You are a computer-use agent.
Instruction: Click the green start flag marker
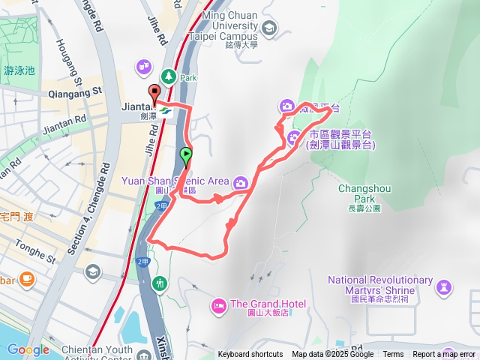tap(186, 157)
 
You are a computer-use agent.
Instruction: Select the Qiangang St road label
tap(73, 93)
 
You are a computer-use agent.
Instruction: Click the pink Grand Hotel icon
tap(219, 304)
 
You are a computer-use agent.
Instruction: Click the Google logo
tap(28, 349)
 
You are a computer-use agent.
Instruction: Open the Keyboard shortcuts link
tap(250, 355)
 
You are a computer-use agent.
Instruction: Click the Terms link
tap(393, 355)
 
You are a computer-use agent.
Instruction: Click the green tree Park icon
tap(168, 76)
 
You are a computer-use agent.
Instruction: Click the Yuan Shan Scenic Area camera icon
tap(241, 182)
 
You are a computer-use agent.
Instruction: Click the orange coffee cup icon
tap(27, 280)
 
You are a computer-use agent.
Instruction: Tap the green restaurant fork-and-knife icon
tap(159, 283)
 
